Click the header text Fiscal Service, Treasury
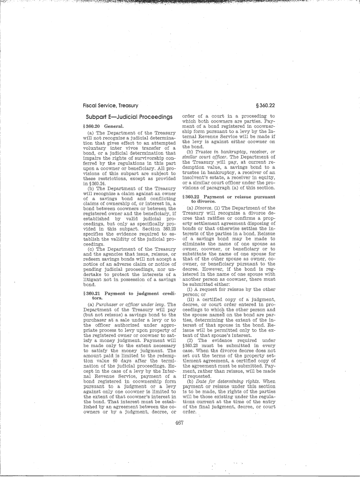coord(107,106)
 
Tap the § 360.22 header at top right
coord(265,106)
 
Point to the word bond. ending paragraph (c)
coord(89,284)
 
